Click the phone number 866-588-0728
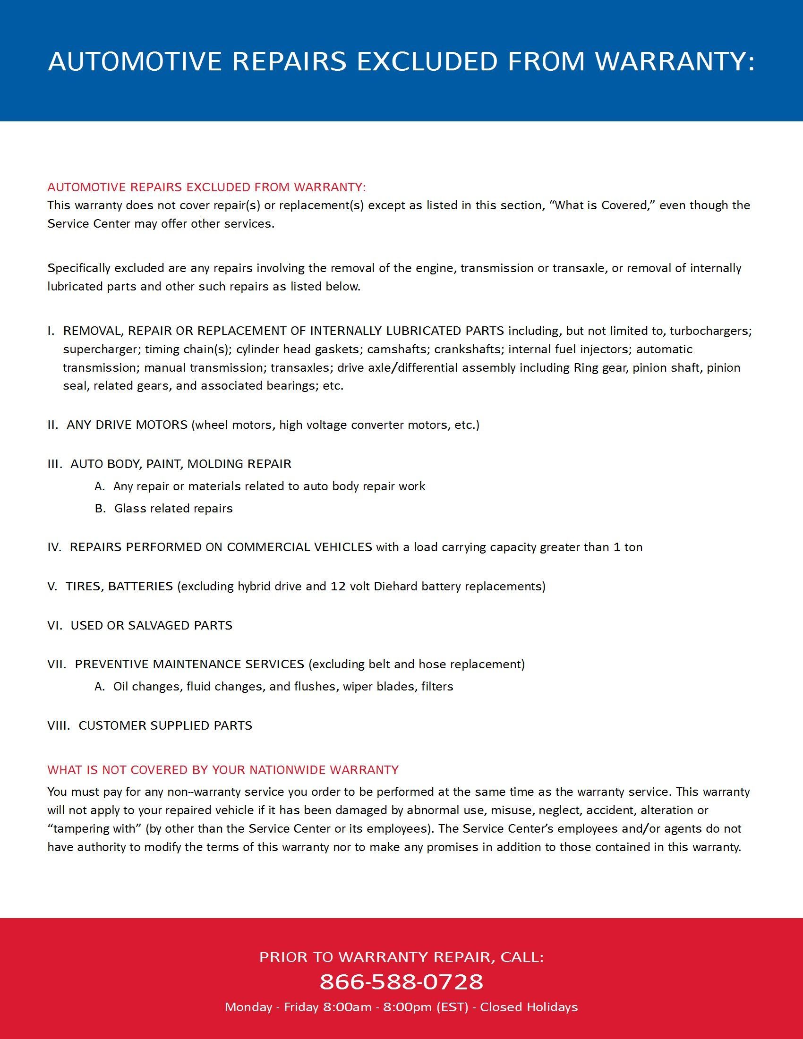(x=401, y=982)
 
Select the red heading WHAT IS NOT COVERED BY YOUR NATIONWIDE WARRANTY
(x=222, y=770)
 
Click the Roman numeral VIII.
(x=58, y=725)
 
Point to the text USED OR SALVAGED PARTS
(x=151, y=625)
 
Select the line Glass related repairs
(x=173, y=509)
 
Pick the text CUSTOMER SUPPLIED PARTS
(x=165, y=725)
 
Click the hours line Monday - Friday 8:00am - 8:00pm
(x=401, y=1007)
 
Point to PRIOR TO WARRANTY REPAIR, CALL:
(x=401, y=957)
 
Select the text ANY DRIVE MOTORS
(x=127, y=425)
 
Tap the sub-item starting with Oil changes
(x=282, y=687)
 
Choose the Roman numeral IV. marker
(x=54, y=547)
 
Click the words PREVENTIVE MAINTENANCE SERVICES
(x=189, y=664)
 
